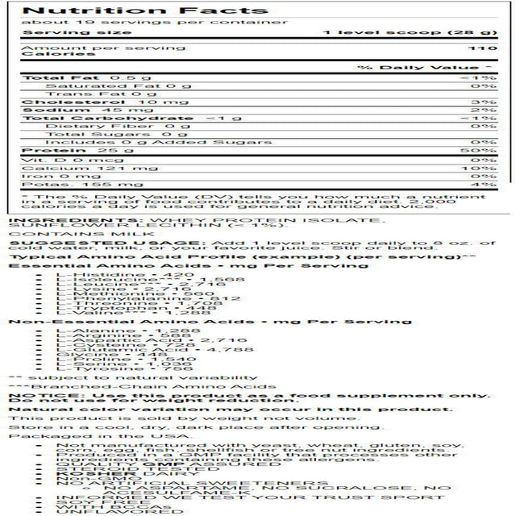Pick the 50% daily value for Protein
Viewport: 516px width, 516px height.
[x=483, y=150]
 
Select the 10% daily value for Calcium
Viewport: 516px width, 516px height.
[x=483, y=167]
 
